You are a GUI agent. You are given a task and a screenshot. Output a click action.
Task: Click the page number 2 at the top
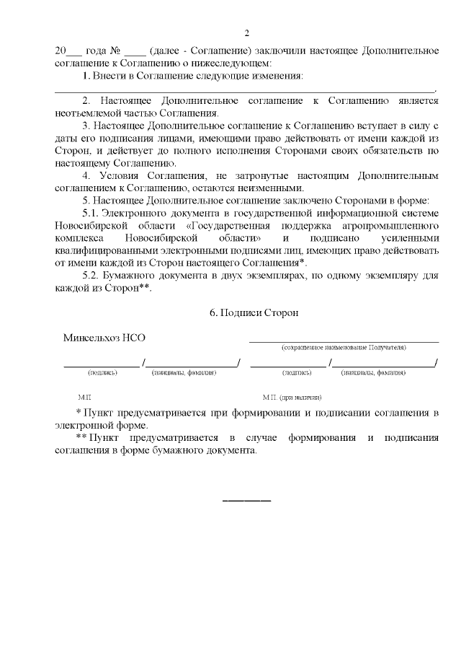click(246, 33)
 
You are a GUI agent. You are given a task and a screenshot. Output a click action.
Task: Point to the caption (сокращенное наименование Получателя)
click(344, 348)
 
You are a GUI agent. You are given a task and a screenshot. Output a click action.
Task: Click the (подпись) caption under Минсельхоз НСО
click(102, 373)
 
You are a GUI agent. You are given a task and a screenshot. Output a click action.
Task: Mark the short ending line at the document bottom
click(246, 500)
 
